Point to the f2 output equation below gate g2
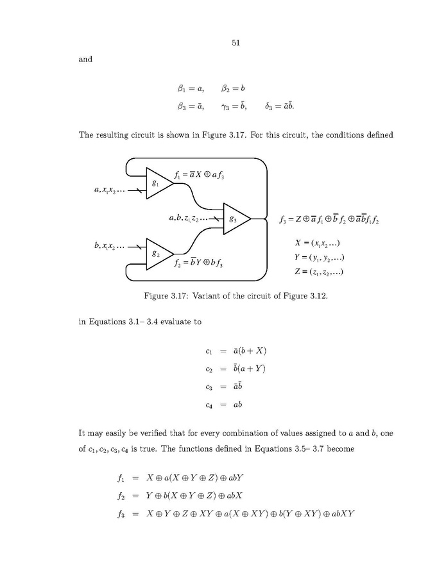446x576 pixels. (201, 263)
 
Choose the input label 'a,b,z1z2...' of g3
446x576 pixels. (191, 218)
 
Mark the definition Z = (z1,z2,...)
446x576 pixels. (319, 272)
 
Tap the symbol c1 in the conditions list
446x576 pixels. (202, 350)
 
